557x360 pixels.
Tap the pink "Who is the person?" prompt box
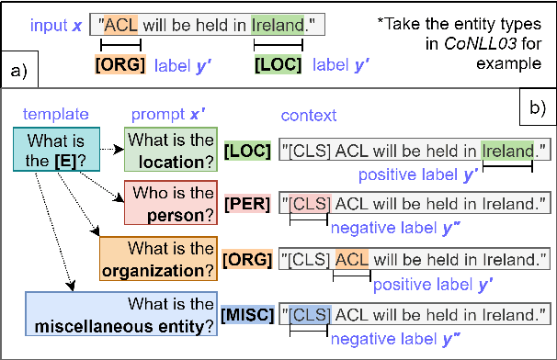click(175, 203)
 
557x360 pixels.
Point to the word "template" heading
click(55, 115)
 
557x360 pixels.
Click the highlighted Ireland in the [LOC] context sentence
click(507, 150)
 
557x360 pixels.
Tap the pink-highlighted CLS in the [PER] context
click(309, 203)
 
